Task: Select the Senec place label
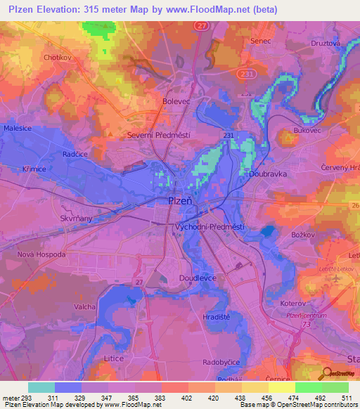(261, 41)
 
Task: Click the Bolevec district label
(176, 101)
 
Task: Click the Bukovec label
(307, 131)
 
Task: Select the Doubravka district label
(267, 172)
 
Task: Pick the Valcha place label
(85, 307)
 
